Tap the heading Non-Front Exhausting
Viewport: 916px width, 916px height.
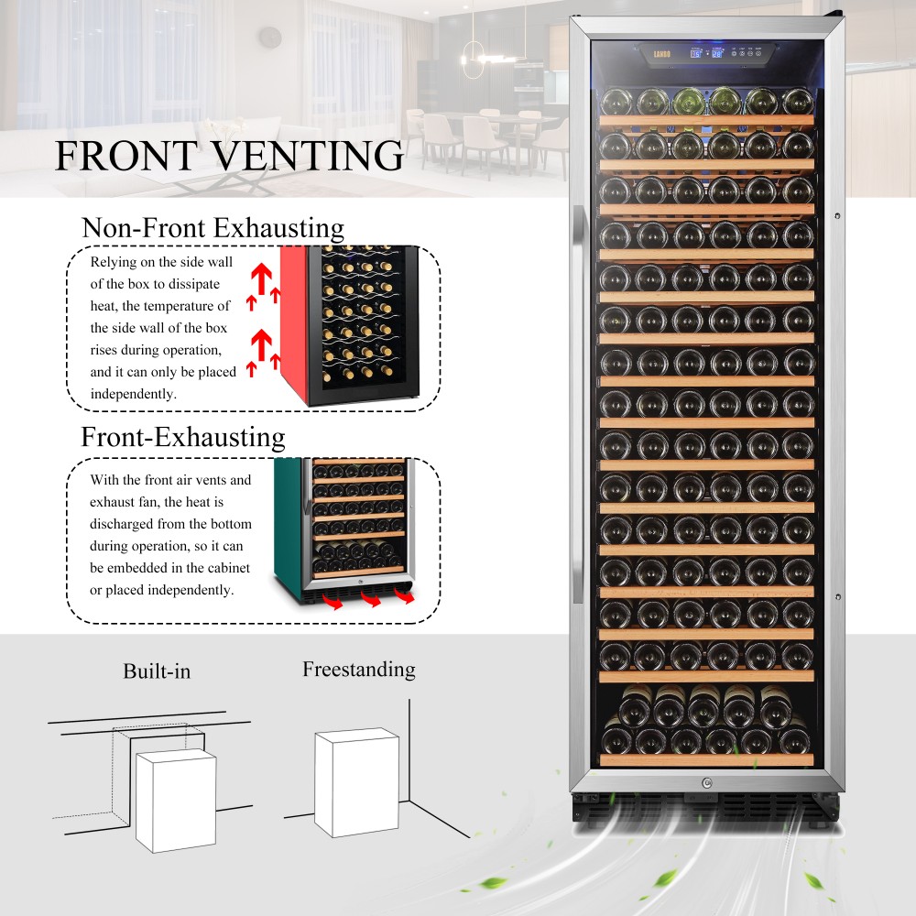point(213,227)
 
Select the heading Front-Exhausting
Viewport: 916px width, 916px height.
point(183,437)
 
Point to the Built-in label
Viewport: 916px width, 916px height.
point(157,671)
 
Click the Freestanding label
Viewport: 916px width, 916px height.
point(358,670)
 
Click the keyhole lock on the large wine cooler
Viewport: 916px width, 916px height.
point(706,783)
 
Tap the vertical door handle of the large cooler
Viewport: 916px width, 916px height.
point(576,403)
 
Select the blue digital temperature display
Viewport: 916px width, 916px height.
point(707,54)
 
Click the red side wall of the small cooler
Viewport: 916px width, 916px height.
point(293,321)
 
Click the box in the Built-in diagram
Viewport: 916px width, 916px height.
point(175,800)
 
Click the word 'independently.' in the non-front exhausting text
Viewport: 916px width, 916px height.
point(132,394)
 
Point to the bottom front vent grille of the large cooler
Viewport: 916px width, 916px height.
point(705,808)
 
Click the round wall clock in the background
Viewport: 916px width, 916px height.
point(269,38)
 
